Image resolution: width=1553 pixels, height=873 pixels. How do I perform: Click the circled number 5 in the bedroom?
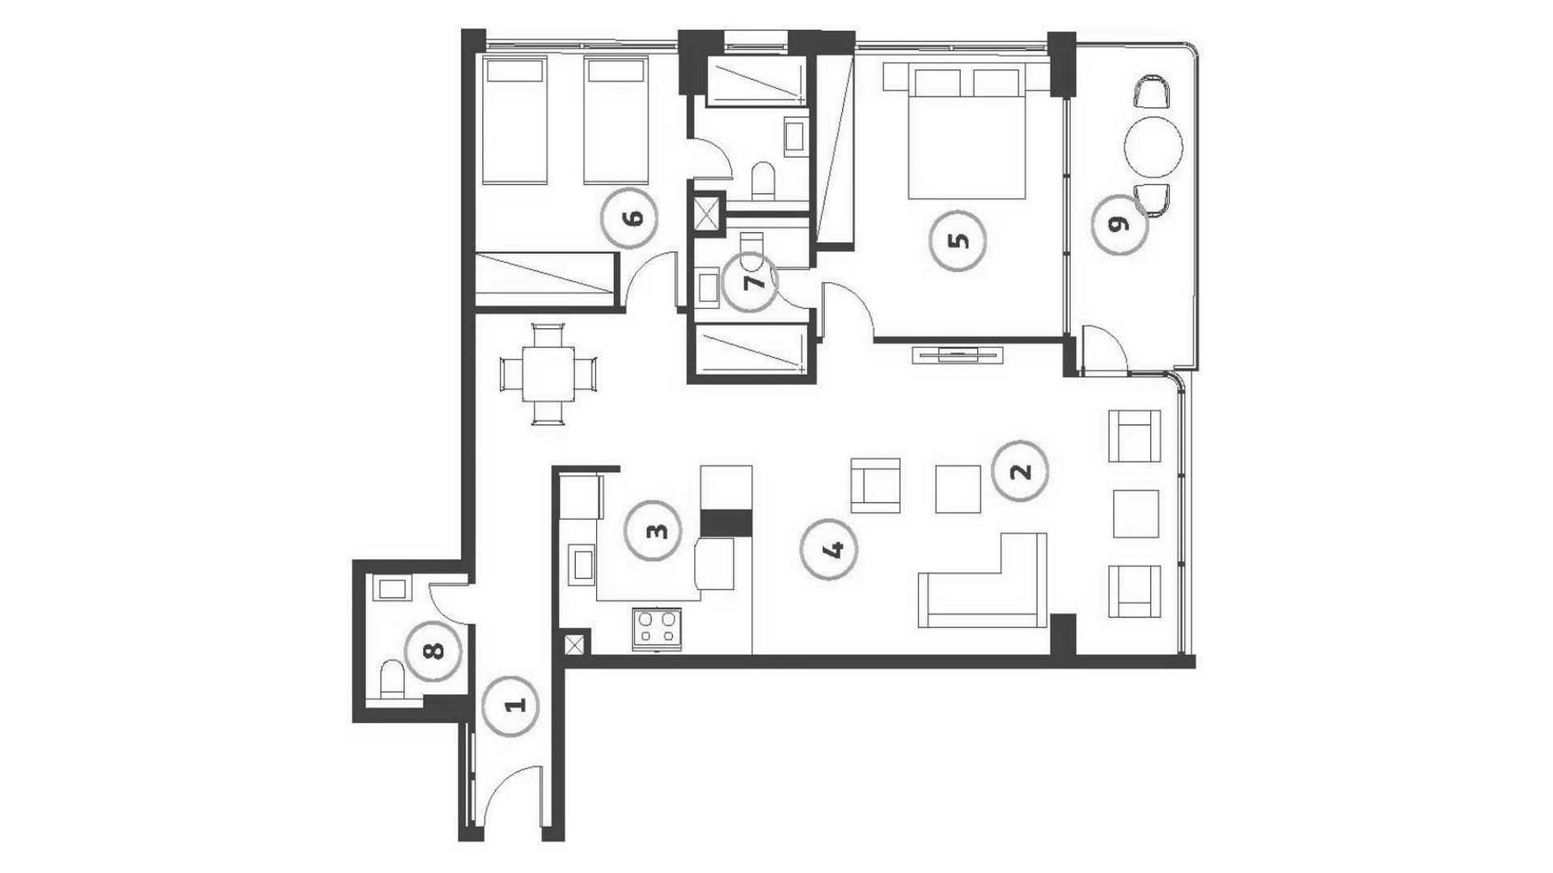[x=958, y=242]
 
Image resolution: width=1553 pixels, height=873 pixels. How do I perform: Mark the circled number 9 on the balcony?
[x=1119, y=226]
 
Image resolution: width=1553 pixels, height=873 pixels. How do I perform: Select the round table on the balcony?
[x=1153, y=147]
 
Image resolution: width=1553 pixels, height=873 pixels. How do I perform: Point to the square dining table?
[x=548, y=373]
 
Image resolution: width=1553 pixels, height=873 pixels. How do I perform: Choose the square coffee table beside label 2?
[x=958, y=488]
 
